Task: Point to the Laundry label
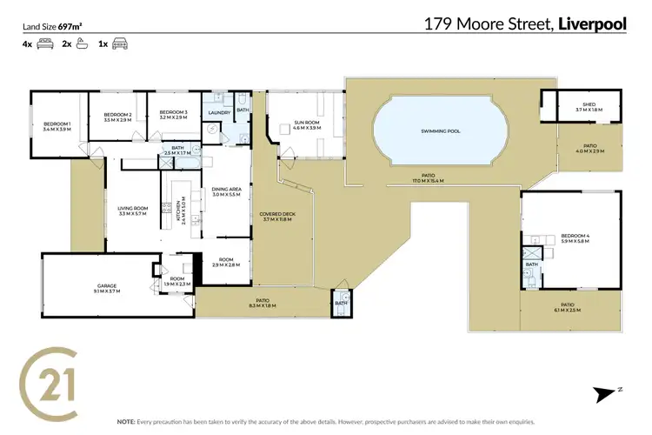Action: [x=219, y=113]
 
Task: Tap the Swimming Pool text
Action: [x=441, y=131]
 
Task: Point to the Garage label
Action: [x=106, y=287]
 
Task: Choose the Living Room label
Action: [x=134, y=210]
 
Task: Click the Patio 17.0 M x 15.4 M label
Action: [x=428, y=178]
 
